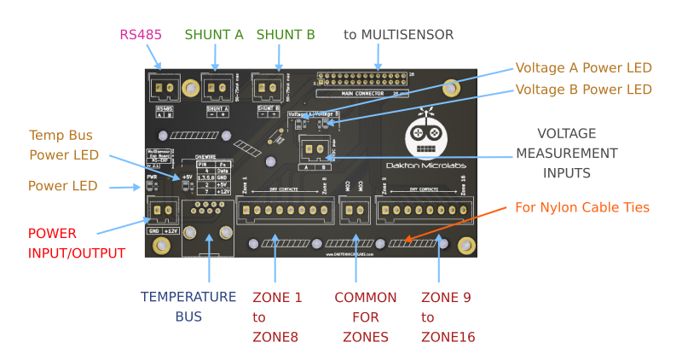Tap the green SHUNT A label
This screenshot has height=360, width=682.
(x=214, y=34)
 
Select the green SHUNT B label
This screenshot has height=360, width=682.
(x=286, y=34)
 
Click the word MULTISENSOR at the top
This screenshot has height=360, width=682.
(x=407, y=34)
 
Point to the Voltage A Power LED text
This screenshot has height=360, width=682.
(x=583, y=67)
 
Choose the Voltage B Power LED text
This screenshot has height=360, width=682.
(x=583, y=90)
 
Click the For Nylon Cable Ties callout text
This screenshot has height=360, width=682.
(x=582, y=207)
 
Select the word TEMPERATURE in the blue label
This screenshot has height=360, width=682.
(x=188, y=297)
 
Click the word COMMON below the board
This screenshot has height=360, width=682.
(x=365, y=297)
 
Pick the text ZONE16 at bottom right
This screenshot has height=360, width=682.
(x=448, y=337)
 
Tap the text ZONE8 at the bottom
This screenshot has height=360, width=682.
(x=275, y=337)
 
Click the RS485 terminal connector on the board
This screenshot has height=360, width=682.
(x=165, y=87)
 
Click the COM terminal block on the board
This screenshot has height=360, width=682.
(x=353, y=210)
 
